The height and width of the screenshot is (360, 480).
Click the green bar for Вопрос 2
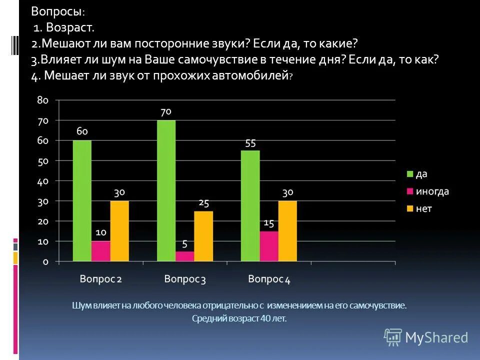[x=82, y=200]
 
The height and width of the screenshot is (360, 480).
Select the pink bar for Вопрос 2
[x=100, y=251]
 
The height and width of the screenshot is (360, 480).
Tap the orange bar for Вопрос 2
[x=119, y=230]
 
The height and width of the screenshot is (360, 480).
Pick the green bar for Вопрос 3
[x=166, y=190]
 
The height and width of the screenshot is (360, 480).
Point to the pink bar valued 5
[x=184, y=256]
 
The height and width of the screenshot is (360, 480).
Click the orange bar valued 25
[x=203, y=235]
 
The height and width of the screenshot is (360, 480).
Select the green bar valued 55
[x=250, y=205]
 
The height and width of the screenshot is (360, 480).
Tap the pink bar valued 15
[x=268, y=246]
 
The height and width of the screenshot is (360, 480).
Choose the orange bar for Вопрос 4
[x=287, y=230]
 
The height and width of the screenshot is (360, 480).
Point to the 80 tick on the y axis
[x=42, y=100]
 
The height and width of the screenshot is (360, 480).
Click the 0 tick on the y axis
[x=45, y=261]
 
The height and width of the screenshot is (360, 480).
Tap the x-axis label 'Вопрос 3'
[x=185, y=279]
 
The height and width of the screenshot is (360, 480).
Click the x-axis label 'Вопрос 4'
[x=269, y=279]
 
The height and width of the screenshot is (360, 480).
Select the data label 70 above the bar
[x=166, y=111]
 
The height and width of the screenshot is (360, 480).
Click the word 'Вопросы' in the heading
[x=57, y=11]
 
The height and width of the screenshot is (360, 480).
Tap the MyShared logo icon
[x=393, y=337]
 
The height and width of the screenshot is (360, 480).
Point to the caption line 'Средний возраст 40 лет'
[x=239, y=318]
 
